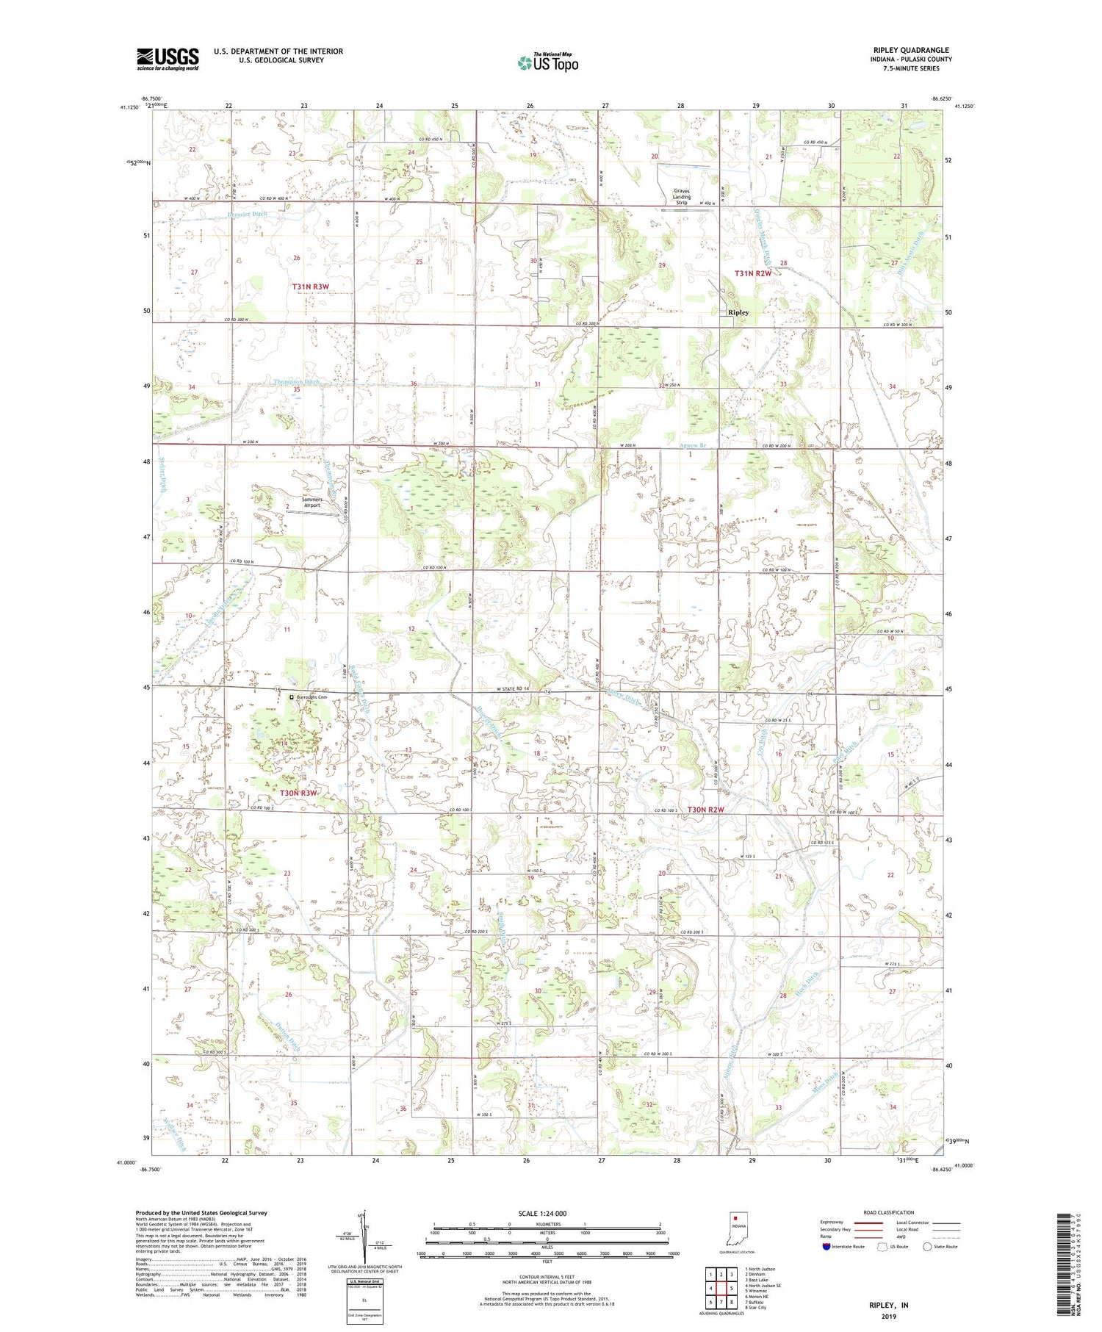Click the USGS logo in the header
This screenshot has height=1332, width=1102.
[x=168, y=59]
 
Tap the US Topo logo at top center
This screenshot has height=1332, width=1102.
[x=547, y=63]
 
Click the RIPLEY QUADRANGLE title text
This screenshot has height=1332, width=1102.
[x=907, y=50]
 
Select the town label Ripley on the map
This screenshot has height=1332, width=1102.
[x=738, y=312]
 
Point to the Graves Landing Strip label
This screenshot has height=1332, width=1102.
[x=681, y=197]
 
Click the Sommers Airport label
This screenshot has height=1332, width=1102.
[x=312, y=503]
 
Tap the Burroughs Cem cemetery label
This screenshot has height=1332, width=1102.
[x=311, y=697]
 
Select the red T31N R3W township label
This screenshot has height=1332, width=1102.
[x=316, y=286]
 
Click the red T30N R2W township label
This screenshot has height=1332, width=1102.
[x=706, y=810]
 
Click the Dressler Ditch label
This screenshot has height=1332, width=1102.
[x=248, y=215]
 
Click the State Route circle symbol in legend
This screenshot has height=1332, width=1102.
[x=928, y=1247]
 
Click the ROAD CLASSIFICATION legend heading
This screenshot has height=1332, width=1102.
[x=888, y=1212]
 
